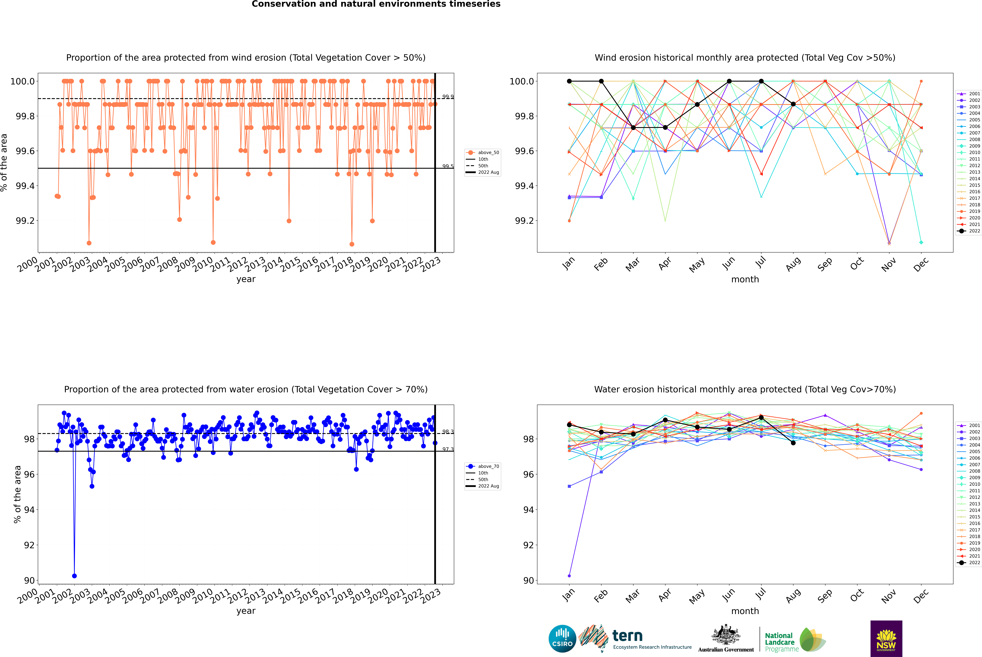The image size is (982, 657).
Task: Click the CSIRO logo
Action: point(562,639)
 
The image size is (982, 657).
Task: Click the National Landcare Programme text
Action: point(779,642)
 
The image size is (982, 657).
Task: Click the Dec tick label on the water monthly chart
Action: point(921,596)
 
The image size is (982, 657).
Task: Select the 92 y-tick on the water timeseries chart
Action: point(29,545)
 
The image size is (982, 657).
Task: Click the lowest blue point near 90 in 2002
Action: point(74,576)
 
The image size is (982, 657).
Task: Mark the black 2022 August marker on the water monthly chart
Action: point(793,443)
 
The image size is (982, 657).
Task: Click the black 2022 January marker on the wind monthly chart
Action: point(569,81)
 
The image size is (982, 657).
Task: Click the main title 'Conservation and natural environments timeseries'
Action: point(376,4)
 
